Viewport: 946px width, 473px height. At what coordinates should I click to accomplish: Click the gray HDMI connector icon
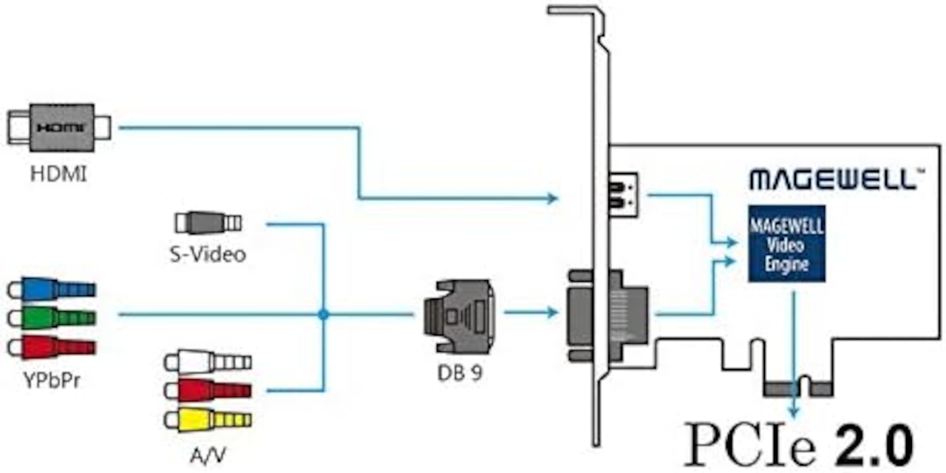(x=59, y=128)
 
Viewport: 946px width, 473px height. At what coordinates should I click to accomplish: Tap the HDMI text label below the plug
(x=58, y=174)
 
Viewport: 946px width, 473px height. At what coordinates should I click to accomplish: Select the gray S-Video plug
(x=208, y=222)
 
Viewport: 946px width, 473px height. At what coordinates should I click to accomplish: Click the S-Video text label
(x=208, y=254)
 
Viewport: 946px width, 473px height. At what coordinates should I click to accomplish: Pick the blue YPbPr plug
(x=52, y=289)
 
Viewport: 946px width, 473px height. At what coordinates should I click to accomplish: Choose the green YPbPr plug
(x=52, y=318)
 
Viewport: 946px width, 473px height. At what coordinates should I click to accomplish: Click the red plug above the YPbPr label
(x=52, y=347)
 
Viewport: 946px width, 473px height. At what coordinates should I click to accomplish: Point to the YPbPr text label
(x=52, y=381)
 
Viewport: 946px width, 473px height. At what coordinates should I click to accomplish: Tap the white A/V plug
(x=208, y=362)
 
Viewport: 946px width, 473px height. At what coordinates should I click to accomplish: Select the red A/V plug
(x=208, y=391)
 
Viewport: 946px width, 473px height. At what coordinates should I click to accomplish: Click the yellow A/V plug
(x=208, y=420)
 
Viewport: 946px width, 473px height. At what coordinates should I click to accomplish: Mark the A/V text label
(x=208, y=455)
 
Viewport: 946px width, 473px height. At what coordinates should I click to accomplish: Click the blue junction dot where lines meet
(x=324, y=314)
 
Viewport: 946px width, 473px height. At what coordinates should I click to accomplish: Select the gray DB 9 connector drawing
(x=459, y=316)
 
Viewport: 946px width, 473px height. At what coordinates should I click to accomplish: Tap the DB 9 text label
(x=460, y=373)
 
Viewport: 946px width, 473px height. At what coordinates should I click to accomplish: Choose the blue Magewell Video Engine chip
(x=787, y=244)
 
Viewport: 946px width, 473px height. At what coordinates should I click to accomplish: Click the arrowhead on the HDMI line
(x=552, y=197)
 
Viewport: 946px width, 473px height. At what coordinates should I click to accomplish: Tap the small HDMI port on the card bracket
(x=623, y=195)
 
